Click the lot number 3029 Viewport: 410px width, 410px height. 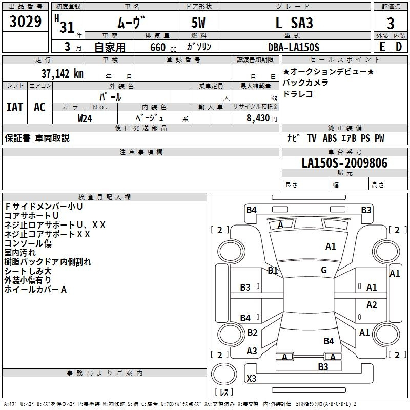[26, 23]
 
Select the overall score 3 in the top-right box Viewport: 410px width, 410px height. [391, 24]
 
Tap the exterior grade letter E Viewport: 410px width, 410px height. [382, 46]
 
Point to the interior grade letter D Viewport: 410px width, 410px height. [399, 46]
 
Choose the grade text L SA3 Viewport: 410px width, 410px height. [294, 23]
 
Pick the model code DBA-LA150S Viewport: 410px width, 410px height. [294, 47]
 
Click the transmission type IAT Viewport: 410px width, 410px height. [14, 107]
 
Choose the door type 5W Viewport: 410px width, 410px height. [199, 24]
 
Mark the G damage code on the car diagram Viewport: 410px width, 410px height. [324, 270]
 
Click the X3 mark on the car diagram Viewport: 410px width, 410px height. [252, 379]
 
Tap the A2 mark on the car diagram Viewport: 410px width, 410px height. [372, 305]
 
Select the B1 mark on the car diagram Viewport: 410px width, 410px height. [273, 270]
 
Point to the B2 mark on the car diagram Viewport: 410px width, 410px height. [252, 333]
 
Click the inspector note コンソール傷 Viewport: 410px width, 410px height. [28, 243]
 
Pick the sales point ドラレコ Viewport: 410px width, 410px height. [298, 94]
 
